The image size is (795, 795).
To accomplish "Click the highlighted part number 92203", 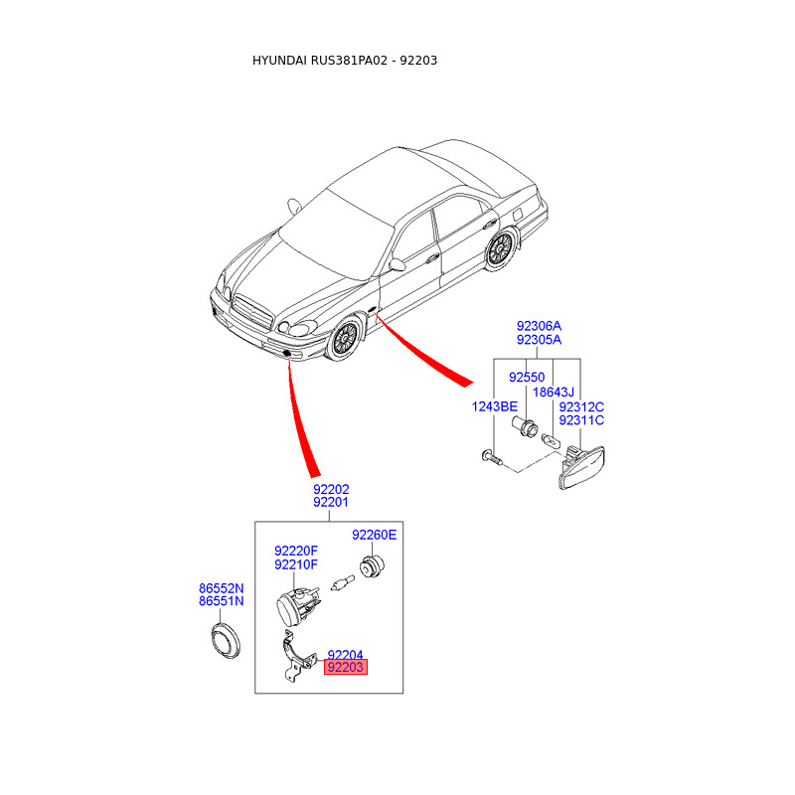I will pyautogui.click(x=346, y=668).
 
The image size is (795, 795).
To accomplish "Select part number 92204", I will pyautogui.click(x=346, y=654).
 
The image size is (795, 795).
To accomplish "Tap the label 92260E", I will pyautogui.click(x=374, y=535).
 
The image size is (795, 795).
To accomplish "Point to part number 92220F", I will pyautogui.click(x=296, y=551).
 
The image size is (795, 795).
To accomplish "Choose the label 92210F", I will pyautogui.click(x=296, y=564).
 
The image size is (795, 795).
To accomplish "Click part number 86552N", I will pyautogui.click(x=221, y=588).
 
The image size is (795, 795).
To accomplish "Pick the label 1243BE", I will pyautogui.click(x=495, y=406).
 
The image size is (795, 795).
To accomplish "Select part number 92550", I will pyautogui.click(x=527, y=378).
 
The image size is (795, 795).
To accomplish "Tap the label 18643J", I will pyautogui.click(x=555, y=393).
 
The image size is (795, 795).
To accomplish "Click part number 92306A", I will pyautogui.click(x=539, y=326).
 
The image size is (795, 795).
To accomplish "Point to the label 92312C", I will pyautogui.click(x=581, y=406).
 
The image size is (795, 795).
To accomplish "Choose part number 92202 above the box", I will pyautogui.click(x=331, y=489).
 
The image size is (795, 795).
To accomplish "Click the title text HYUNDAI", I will pyautogui.click(x=279, y=61).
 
